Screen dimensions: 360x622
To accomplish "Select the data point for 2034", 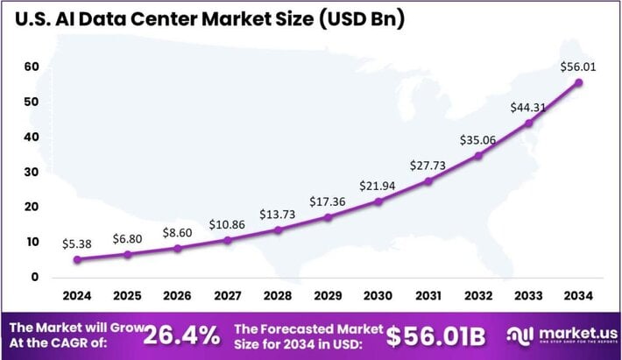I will coord(579,82).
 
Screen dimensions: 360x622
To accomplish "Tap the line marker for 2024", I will coord(77,259).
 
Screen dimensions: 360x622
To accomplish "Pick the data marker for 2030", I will coord(378,201).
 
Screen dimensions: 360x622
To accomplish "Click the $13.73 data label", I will coord(279,214).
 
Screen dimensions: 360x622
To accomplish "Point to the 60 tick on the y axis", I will coord(32,67).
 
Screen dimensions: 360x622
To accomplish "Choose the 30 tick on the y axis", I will coord(32,172).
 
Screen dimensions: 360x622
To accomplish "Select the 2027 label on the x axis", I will coord(228,296).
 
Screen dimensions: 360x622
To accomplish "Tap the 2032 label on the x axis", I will coord(478,296).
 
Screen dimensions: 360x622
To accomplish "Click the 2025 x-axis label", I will coord(128,296).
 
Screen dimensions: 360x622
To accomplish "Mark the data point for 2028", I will coord(278,229).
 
